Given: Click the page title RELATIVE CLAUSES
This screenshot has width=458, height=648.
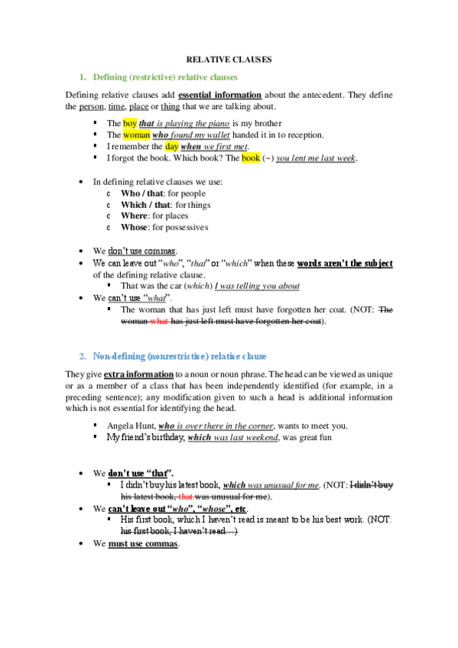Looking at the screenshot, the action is (x=229, y=59).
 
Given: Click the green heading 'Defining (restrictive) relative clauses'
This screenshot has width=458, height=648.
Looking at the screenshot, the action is (x=164, y=77).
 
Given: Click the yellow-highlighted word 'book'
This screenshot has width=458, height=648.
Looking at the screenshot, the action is (x=251, y=158).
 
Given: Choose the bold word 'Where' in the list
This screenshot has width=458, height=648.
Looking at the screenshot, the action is (x=135, y=215).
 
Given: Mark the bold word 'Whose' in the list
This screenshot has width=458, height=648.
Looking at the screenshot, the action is (x=135, y=227).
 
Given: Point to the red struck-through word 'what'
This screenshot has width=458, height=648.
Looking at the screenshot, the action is (x=159, y=321).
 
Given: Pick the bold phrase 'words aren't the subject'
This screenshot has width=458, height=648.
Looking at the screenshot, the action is (x=345, y=263).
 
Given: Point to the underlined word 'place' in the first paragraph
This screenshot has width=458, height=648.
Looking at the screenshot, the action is (x=138, y=106).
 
